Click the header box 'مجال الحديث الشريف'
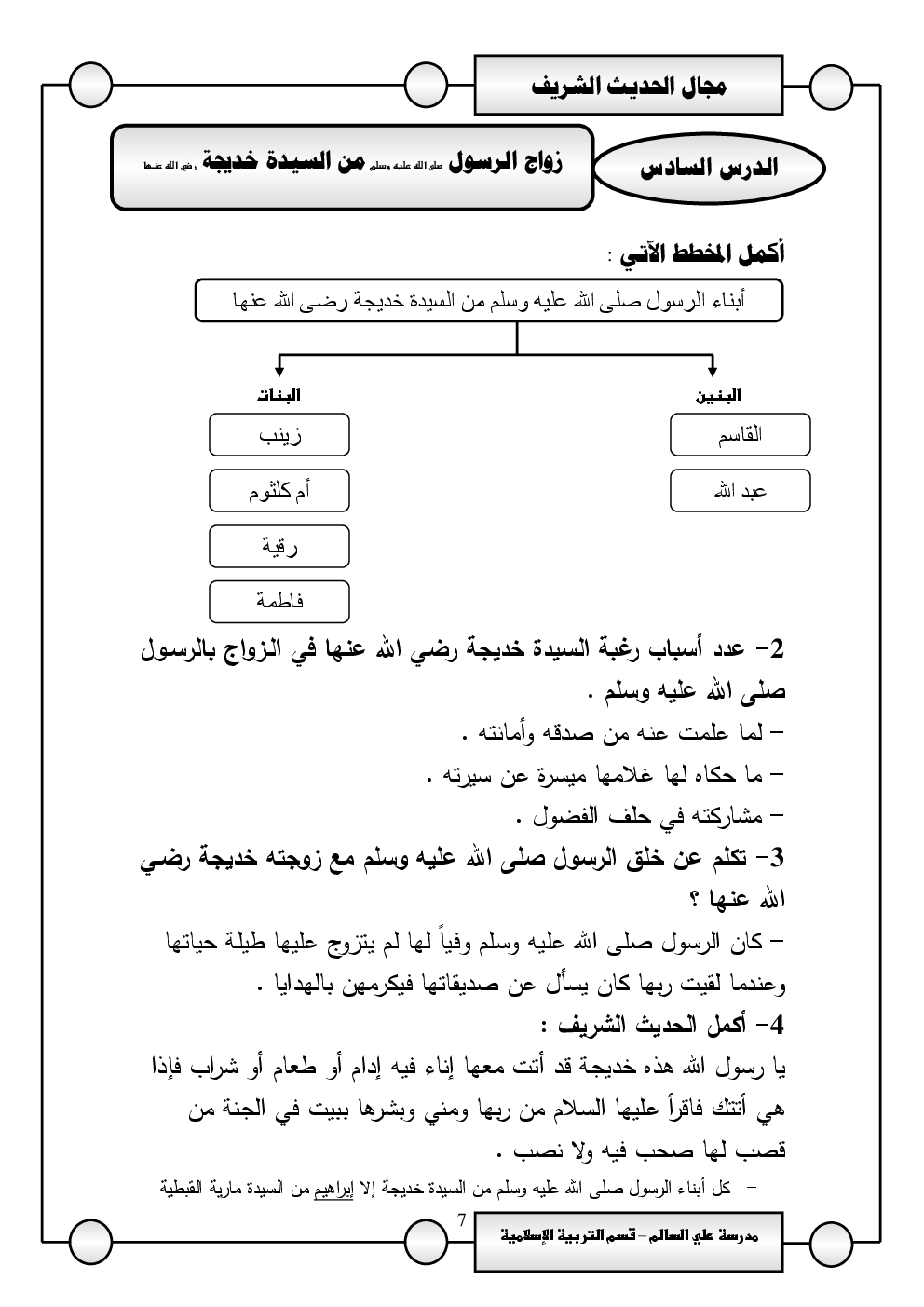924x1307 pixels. coord(629,86)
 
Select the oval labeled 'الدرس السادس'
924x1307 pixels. coord(709,169)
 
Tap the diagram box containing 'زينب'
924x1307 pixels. coord(279,435)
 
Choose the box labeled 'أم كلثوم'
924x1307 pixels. coord(279,491)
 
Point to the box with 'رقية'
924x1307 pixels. coord(279,547)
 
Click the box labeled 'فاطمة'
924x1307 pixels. coord(279,602)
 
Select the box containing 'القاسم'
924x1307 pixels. coord(740,435)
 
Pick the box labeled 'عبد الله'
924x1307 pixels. coord(740,491)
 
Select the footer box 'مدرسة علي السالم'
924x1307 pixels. coord(629,1236)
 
